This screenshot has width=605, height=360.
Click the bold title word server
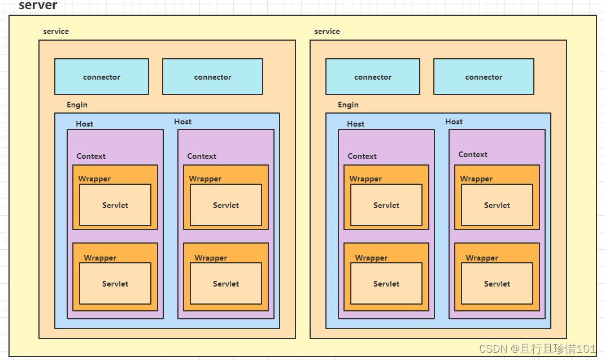38,6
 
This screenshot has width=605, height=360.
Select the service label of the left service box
56,32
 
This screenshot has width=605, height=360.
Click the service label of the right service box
327,32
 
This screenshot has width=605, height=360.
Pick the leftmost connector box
102,77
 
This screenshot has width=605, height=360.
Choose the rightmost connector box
484,77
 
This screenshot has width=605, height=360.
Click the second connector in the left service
212,77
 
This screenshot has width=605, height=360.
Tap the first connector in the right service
373,77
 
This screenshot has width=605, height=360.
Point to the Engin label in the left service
77,105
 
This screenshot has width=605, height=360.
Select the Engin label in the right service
348,105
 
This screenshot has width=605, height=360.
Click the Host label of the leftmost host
85,124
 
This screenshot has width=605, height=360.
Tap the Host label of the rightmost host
454,122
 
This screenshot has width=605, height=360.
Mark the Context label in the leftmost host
91,157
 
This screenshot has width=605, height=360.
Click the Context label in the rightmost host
473,155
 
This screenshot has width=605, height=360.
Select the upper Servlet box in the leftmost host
115,205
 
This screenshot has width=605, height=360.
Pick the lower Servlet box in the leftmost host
115,284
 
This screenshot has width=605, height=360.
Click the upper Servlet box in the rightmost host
497,205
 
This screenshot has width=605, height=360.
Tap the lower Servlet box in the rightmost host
497,284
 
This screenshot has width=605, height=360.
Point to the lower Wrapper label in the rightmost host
482,258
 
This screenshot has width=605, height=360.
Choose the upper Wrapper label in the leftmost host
94,179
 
